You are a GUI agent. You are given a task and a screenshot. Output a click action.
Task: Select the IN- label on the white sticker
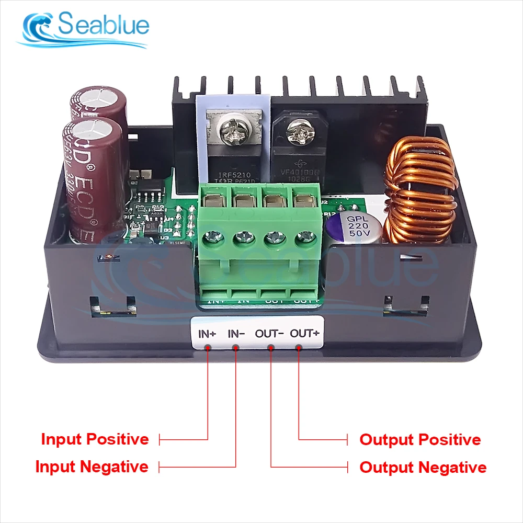tap(234, 333)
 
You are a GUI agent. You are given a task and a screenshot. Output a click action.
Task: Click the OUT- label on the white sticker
tap(269, 333)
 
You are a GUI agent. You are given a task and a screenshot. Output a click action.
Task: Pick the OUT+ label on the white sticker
tap(304, 333)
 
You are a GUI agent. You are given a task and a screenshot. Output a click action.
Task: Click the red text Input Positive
tap(95, 439)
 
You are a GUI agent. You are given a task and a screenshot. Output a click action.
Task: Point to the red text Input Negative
tap(92, 467)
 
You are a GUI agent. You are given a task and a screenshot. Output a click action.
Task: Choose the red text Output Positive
tap(420, 440)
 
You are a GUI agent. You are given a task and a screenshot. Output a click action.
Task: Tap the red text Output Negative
tap(423, 467)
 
